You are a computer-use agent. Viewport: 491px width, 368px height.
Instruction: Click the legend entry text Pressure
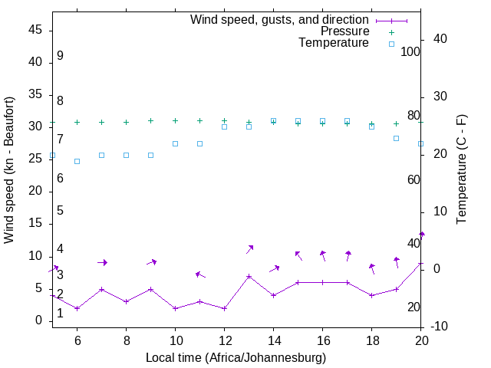(x=344, y=31)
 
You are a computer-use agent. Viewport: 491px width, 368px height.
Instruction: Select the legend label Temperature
(x=334, y=43)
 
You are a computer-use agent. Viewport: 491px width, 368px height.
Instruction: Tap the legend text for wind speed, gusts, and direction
(x=280, y=19)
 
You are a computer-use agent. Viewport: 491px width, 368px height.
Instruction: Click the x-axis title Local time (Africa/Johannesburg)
(x=236, y=357)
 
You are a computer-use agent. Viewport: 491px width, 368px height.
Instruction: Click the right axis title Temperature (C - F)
(x=461, y=170)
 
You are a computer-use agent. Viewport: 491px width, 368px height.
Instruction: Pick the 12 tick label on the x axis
(x=224, y=338)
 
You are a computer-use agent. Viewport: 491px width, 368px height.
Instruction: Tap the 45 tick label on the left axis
(x=35, y=30)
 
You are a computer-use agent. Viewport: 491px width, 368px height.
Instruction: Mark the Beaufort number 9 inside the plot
(x=60, y=56)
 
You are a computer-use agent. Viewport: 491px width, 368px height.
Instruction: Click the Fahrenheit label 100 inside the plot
(x=410, y=51)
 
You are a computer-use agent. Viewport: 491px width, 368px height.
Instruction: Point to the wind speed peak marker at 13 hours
(x=249, y=276)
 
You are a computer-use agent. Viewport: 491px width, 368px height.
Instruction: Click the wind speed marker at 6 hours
(x=77, y=308)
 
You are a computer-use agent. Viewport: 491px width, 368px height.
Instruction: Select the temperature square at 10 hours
(x=175, y=143)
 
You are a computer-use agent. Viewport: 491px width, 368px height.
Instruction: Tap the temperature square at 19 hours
(x=396, y=138)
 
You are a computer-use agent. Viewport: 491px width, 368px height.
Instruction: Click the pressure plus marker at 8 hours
(x=126, y=122)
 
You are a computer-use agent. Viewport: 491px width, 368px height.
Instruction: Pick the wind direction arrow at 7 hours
(x=102, y=262)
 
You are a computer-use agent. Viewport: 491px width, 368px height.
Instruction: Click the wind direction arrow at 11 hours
(x=200, y=274)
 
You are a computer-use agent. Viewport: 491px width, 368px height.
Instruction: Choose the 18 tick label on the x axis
(x=371, y=338)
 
